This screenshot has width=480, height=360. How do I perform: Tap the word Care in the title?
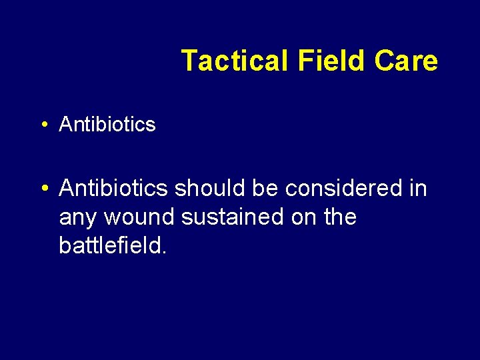click(406, 61)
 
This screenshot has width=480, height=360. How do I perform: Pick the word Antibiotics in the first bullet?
click(107, 124)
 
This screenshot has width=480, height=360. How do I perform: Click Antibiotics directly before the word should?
click(113, 189)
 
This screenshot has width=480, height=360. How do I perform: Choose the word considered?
click(346, 189)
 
